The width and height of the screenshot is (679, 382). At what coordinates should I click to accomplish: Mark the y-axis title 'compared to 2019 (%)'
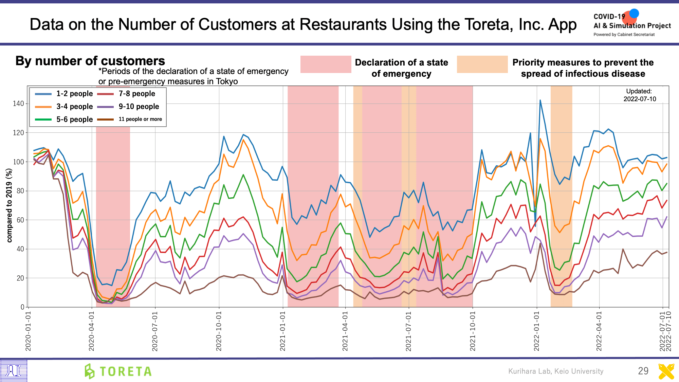pos(9,205)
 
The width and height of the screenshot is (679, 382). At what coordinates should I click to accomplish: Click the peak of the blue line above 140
pos(540,100)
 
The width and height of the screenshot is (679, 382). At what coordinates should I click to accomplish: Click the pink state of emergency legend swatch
pos(326,64)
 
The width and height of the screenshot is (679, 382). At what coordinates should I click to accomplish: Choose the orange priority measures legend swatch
pos(482,64)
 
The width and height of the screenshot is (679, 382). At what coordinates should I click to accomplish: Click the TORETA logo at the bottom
pos(118,371)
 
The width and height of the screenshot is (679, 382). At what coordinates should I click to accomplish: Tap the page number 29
pos(643,371)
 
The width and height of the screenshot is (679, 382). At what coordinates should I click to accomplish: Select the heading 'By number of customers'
pos(90,61)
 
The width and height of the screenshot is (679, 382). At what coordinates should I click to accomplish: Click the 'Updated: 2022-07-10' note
pos(639,95)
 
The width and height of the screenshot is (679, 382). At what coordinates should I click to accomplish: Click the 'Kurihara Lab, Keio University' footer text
pos(556,371)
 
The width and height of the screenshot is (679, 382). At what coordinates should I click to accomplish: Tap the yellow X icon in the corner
pos(666,371)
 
